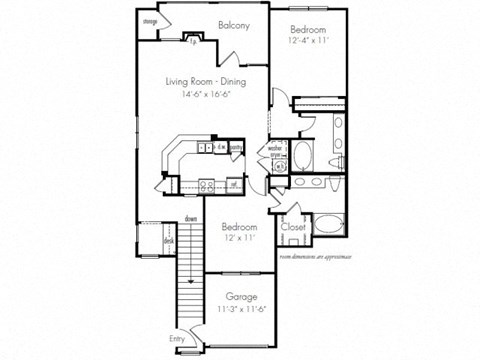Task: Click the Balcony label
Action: pos(232,25)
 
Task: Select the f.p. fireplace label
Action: pos(192,42)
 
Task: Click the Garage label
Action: pos(240,297)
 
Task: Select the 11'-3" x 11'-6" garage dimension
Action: pos(240,310)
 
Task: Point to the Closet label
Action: pos(293,228)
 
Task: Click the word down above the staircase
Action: pos(190,218)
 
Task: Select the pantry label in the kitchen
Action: pos(236,147)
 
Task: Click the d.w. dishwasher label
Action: pos(220,147)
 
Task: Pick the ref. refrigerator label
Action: pos(232,184)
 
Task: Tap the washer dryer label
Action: pos(275,155)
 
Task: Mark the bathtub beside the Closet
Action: pos(329,226)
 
